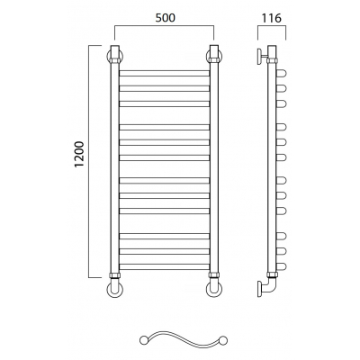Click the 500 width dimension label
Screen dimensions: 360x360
tap(165, 18)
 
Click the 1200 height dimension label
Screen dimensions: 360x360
tap(80, 154)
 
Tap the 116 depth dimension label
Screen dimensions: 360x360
tap(272, 18)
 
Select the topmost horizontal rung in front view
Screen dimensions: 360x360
tap(165, 73)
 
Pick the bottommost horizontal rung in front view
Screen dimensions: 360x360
tap(165, 266)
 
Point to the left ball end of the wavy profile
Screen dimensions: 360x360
tap(143, 340)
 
